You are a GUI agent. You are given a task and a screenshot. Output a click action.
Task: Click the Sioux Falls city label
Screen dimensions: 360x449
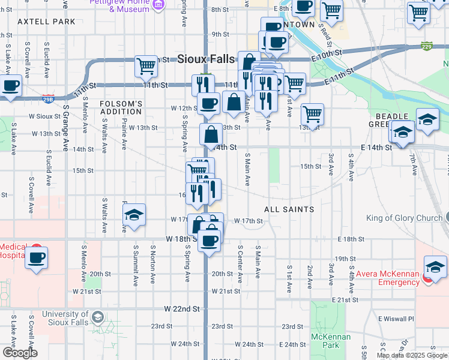tap(206, 59)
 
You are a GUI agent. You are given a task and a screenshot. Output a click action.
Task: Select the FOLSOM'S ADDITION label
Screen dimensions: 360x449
tap(121, 107)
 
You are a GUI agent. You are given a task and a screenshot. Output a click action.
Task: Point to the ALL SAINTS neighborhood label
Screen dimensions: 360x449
tap(289, 209)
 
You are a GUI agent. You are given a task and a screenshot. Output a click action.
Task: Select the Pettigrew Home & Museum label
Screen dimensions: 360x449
tap(120, 5)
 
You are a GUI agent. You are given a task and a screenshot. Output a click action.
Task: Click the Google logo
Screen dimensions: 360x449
tap(19, 353)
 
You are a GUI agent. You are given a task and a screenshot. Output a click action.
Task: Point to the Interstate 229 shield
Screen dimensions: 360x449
tap(427, 47)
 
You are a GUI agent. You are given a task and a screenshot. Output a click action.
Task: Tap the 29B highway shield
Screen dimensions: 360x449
tap(49, 99)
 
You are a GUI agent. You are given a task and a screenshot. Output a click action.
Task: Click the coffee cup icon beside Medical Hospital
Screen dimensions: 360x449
tap(36, 258)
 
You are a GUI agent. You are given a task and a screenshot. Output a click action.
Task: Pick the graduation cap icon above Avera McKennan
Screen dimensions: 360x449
tap(435, 266)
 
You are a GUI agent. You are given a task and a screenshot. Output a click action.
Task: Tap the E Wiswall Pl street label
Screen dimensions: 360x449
tap(396, 319)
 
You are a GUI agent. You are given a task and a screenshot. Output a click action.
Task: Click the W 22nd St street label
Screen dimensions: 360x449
tap(182, 308)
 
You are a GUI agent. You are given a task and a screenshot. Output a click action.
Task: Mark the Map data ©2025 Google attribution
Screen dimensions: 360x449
tap(412, 355)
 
